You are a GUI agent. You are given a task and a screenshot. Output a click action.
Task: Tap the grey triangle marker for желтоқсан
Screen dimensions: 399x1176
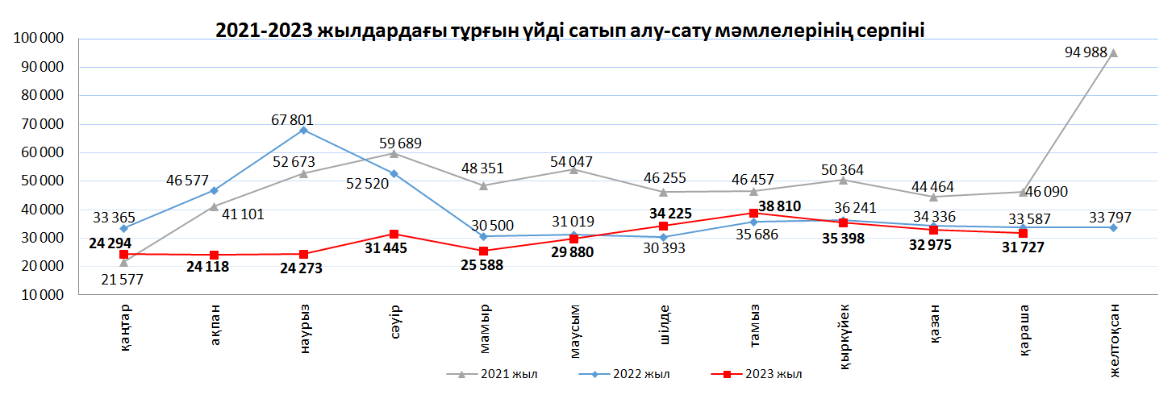(x=1113, y=53)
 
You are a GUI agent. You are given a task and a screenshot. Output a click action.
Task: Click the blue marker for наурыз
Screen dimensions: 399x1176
(x=303, y=130)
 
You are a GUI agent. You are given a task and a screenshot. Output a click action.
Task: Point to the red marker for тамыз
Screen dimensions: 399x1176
(x=753, y=213)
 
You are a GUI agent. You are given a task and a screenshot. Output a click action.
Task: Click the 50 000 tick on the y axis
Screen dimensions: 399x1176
(x=38, y=181)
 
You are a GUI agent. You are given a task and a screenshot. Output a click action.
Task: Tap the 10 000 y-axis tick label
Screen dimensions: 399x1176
(x=38, y=295)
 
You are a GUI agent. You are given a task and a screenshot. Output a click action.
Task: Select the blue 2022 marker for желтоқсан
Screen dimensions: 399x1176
(x=1113, y=227)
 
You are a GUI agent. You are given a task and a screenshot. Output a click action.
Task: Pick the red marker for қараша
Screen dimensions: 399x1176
(x=1024, y=233)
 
